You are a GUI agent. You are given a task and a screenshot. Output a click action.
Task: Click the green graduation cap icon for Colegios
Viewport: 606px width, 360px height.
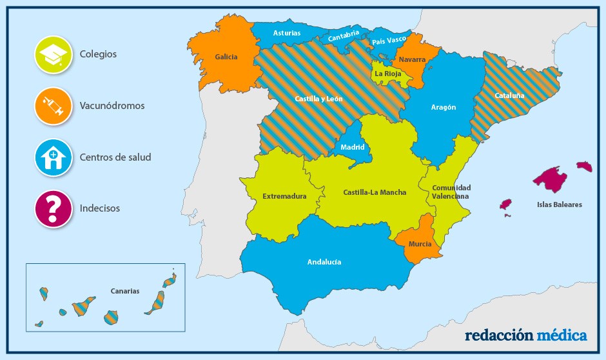(x=53, y=54)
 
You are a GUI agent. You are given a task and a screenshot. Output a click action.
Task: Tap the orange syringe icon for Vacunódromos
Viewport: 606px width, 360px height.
(x=53, y=105)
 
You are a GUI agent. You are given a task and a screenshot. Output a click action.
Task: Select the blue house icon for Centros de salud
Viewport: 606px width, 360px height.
(x=53, y=157)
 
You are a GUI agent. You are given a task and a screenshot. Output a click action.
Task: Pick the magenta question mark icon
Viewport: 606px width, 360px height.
(x=53, y=208)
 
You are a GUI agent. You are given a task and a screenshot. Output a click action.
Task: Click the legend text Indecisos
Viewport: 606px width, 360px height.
(x=100, y=208)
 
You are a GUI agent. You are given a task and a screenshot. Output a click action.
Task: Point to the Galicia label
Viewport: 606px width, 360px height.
(x=226, y=57)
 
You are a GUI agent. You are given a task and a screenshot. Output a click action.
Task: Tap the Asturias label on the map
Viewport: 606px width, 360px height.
(x=286, y=33)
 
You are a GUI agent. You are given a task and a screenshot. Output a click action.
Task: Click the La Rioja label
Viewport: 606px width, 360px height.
(x=387, y=74)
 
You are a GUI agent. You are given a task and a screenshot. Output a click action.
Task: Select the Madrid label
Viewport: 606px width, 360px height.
(x=353, y=147)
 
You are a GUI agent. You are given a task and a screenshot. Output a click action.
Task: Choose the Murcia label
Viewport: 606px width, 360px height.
(x=420, y=244)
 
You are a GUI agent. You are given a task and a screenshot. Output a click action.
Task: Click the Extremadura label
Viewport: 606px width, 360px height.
(x=284, y=196)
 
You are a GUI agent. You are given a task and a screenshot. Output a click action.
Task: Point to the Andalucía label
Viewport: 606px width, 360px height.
(x=324, y=262)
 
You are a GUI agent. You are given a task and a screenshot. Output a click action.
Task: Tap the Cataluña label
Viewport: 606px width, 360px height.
(x=509, y=95)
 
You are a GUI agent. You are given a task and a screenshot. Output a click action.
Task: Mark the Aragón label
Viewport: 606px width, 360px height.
(x=444, y=107)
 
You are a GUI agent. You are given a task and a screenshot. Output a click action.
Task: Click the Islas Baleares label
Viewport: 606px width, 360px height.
(x=559, y=205)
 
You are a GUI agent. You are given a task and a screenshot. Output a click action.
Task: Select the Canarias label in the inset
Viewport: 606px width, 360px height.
(x=124, y=291)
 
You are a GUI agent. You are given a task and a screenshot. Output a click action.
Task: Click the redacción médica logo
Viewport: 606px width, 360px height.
(x=525, y=335)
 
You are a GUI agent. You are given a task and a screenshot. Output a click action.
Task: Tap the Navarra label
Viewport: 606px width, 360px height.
(x=412, y=59)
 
